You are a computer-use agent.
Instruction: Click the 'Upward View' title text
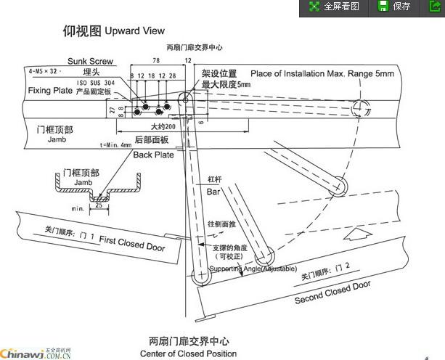click(134, 31)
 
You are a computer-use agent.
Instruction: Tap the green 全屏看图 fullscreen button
click(333, 7)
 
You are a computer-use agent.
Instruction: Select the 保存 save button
click(395, 7)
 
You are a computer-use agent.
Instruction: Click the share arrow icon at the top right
click(434, 7)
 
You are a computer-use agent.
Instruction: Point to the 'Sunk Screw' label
click(90, 62)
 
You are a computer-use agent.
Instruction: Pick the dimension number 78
click(155, 61)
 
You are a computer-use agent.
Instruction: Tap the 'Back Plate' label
click(153, 155)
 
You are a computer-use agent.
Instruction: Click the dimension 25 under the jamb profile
click(98, 205)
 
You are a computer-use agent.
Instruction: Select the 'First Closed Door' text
click(132, 244)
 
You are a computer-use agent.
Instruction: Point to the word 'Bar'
click(213, 192)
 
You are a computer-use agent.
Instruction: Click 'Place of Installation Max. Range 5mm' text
click(322, 74)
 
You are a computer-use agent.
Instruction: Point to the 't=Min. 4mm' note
click(116, 145)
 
